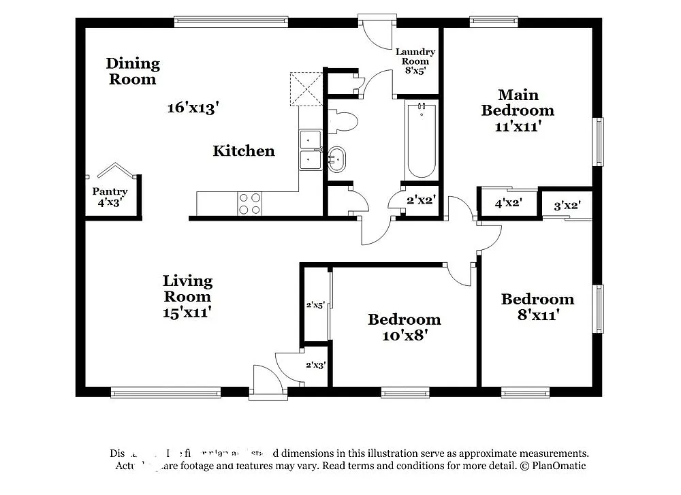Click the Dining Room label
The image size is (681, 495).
click(x=133, y=71)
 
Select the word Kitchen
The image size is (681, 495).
click(x=244, y=151)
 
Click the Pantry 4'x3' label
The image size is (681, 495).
click(x=110, y=197)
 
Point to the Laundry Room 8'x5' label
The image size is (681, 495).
click(x=415, y=61)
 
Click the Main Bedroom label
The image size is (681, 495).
click(x=518, y=110)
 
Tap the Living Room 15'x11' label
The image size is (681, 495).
click(x=187, y=296)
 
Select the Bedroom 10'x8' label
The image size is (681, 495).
click(x=405, y=327)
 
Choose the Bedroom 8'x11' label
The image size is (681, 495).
click(x=537, y=306)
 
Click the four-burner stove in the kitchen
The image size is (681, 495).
click(x=250, y=203)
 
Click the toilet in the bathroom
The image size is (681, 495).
click(x=343, y=122)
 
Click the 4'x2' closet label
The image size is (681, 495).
click(x=507, y=203)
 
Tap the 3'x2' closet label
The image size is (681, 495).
click(x=567, y=204)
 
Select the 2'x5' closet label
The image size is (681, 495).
click(x=315, y=305)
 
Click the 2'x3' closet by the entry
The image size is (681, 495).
click(x=315, y=365)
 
